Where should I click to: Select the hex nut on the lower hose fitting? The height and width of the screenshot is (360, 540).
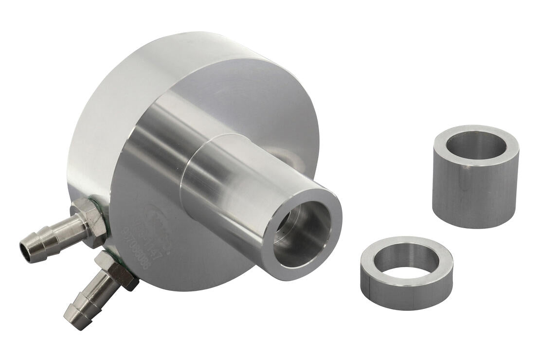(117, 270)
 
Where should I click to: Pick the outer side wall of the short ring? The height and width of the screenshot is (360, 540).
(406, 292)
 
